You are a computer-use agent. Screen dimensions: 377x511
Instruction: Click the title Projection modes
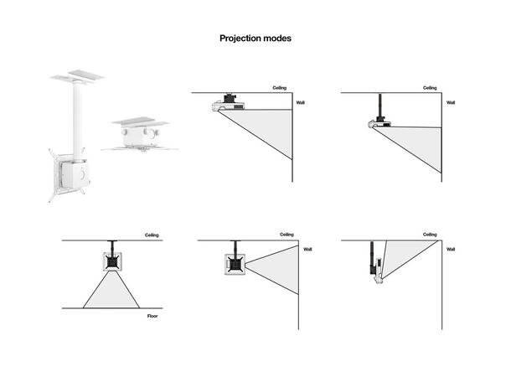click(x=255, y=39)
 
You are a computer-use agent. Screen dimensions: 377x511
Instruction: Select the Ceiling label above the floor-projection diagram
click(x=152, y=236)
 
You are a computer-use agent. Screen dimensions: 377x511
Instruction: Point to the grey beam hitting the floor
click(x=111, y=294)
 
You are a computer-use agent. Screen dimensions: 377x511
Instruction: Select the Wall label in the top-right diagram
click(x=451, y=102)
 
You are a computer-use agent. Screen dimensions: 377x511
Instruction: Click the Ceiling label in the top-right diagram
click(x=429, y=87)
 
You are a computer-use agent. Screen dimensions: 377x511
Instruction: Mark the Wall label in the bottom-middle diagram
click(x=307, y=249)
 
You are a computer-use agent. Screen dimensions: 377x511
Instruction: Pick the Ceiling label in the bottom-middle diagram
click(x=286, y=235)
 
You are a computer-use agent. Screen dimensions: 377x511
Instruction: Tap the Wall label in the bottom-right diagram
click(x=451, y=249)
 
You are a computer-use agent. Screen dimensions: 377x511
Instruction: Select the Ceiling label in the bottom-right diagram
click(x=429, y=235)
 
